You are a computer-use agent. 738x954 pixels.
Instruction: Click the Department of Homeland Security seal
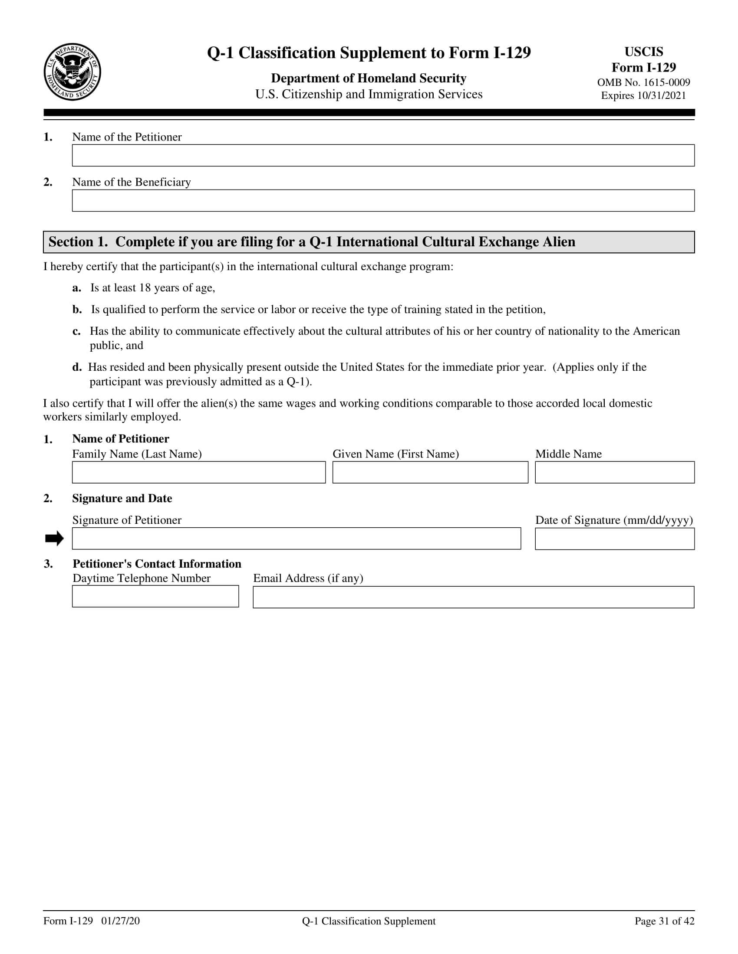click(72, 72)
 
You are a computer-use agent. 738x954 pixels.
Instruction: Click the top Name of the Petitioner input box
click(383, 156)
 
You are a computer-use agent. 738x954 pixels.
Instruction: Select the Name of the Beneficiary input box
click(383, 200)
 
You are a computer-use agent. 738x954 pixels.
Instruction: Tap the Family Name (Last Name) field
click(198, 472)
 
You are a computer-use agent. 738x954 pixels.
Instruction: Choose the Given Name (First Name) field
click(430, 472)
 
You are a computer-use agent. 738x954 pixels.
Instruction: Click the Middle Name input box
click(614, 472)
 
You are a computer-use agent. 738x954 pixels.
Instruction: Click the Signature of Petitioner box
click(296, 539)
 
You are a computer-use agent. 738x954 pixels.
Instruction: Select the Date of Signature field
click(614, 539)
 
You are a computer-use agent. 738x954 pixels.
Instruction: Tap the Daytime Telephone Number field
click(155, 596)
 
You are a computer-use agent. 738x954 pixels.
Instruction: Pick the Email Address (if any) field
click(473, 597)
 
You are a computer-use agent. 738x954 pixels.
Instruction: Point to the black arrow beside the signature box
click(54, 539)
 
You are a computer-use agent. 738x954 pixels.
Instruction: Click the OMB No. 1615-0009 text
click(643, 82)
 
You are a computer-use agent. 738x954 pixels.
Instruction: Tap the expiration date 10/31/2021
click(661, 96)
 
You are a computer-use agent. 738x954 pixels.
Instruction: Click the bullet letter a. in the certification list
click(77, 288)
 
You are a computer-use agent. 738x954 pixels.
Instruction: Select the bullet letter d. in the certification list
click(77, 367)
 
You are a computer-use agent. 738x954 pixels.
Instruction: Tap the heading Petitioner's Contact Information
click(157, 564)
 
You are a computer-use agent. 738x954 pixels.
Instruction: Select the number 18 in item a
click(145, 288)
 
